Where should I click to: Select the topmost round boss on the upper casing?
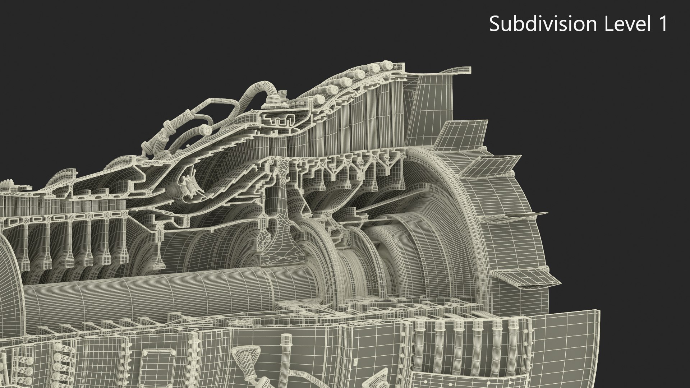[386, 65]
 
